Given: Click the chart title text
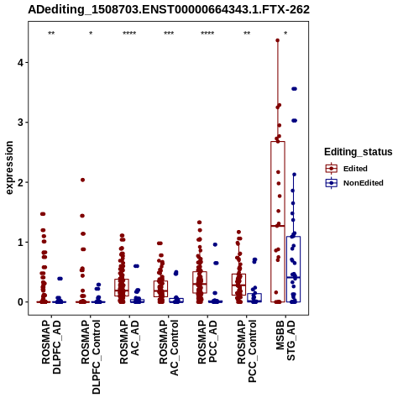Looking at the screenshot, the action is [x=169, y=10].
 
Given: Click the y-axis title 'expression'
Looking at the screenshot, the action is [x=9, y=168].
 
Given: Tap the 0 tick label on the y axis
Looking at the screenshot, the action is [x=21, y=302].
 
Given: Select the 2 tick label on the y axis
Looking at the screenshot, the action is [x=21, y=182].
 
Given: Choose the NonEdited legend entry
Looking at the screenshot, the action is [x=354, y=183].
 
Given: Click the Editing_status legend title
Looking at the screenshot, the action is [x=359, y=152].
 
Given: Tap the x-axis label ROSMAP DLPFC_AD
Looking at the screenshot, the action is [x=51, y=347].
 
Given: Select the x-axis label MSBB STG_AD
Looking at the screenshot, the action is [x=285, y=340].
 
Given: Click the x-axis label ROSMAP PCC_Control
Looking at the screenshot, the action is [x=247, y=352].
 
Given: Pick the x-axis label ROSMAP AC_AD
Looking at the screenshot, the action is [x=129, y=342].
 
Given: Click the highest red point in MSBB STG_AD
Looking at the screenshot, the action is [x=278, y=40].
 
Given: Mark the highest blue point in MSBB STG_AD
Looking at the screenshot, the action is [x=294, y=89].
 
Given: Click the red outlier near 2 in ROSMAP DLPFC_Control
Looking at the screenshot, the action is [x=82, y=180].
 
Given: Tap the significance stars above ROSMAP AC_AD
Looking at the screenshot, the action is [x=129, y=34].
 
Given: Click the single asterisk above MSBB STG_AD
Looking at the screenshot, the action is [x=285, y=34].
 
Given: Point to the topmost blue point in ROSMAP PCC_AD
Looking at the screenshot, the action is [x=215, y=244].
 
